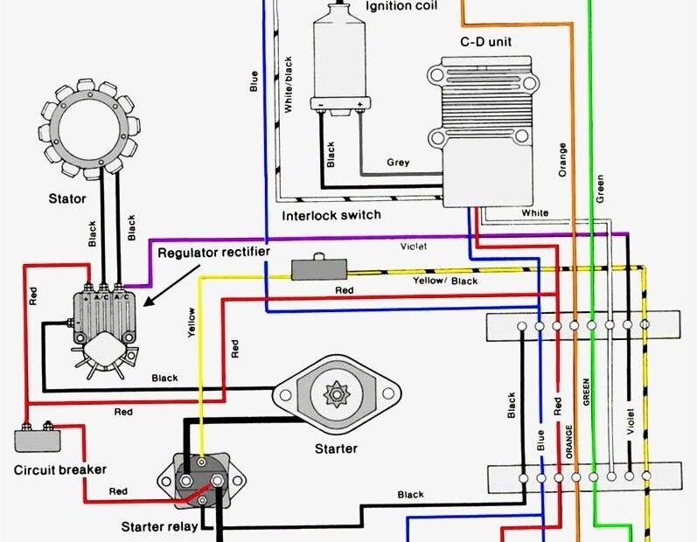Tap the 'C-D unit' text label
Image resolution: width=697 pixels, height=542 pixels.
tap(485, 42)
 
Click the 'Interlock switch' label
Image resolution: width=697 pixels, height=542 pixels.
tap(331, 214)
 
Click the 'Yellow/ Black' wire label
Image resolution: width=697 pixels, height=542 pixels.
tap(446, 281)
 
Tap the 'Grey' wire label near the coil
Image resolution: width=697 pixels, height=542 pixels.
tap(398, 163)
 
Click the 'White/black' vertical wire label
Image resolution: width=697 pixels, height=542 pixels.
tap(289, 86)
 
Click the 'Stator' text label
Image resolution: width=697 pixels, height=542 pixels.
tap(67, 199)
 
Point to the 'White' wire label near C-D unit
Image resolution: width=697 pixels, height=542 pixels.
tap(534, 212)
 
